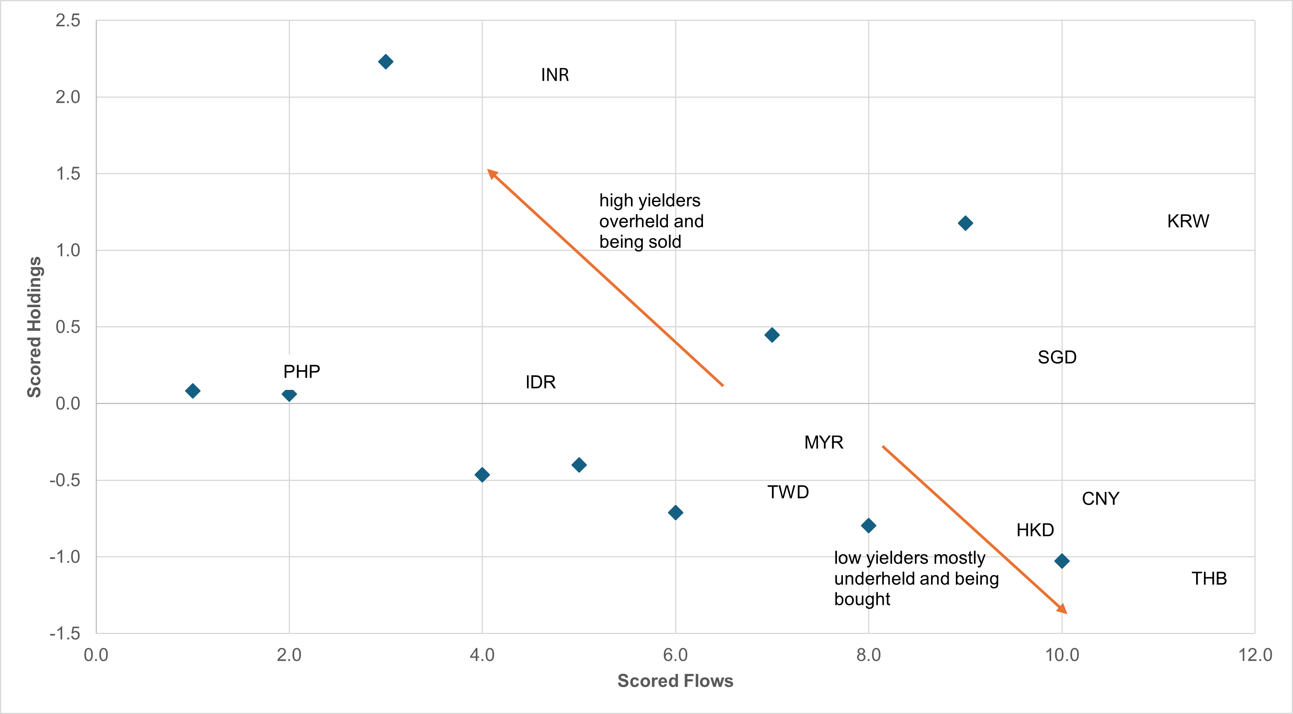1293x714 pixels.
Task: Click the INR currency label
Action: [x=555, y=75]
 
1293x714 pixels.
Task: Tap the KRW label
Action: [x=1187, y=221]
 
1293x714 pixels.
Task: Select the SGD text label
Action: [x=1057, y=357]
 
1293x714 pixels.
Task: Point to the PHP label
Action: [x=301, y=371]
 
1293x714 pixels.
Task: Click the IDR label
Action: [x=540, y=382]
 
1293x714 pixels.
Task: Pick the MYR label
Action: [x=823, y=442]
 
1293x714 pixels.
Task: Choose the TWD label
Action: [x=788, y=492]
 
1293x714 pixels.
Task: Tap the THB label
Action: [x=1209, y=579]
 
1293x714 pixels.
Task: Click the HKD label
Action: [x=1035, y=530]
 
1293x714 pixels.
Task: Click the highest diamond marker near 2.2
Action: [x=386, y=62]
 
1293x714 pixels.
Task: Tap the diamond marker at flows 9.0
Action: [x=965, y=223]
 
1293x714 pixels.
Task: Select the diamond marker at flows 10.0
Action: [x=1061, y=560]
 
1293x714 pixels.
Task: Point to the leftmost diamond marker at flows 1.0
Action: [x=192, y=390]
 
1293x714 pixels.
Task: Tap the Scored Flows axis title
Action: [x=675, y=681]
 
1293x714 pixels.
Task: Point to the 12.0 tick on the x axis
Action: [x=1254, y=655]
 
